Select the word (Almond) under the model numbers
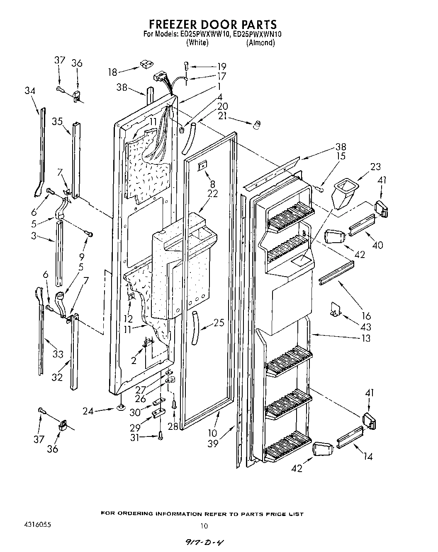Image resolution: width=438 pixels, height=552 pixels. pyautogui.click(x=260, y=43)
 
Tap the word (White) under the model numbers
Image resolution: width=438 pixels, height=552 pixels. pyautogui.click(x=197, y=43)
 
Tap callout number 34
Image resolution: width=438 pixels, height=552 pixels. pyautogui.click(x=30, y=91)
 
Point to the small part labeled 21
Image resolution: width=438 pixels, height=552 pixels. pyautogui.click(x=257, y=124)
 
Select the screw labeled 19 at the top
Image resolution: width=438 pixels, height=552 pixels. pyautogui.click(x=186, y=65)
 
